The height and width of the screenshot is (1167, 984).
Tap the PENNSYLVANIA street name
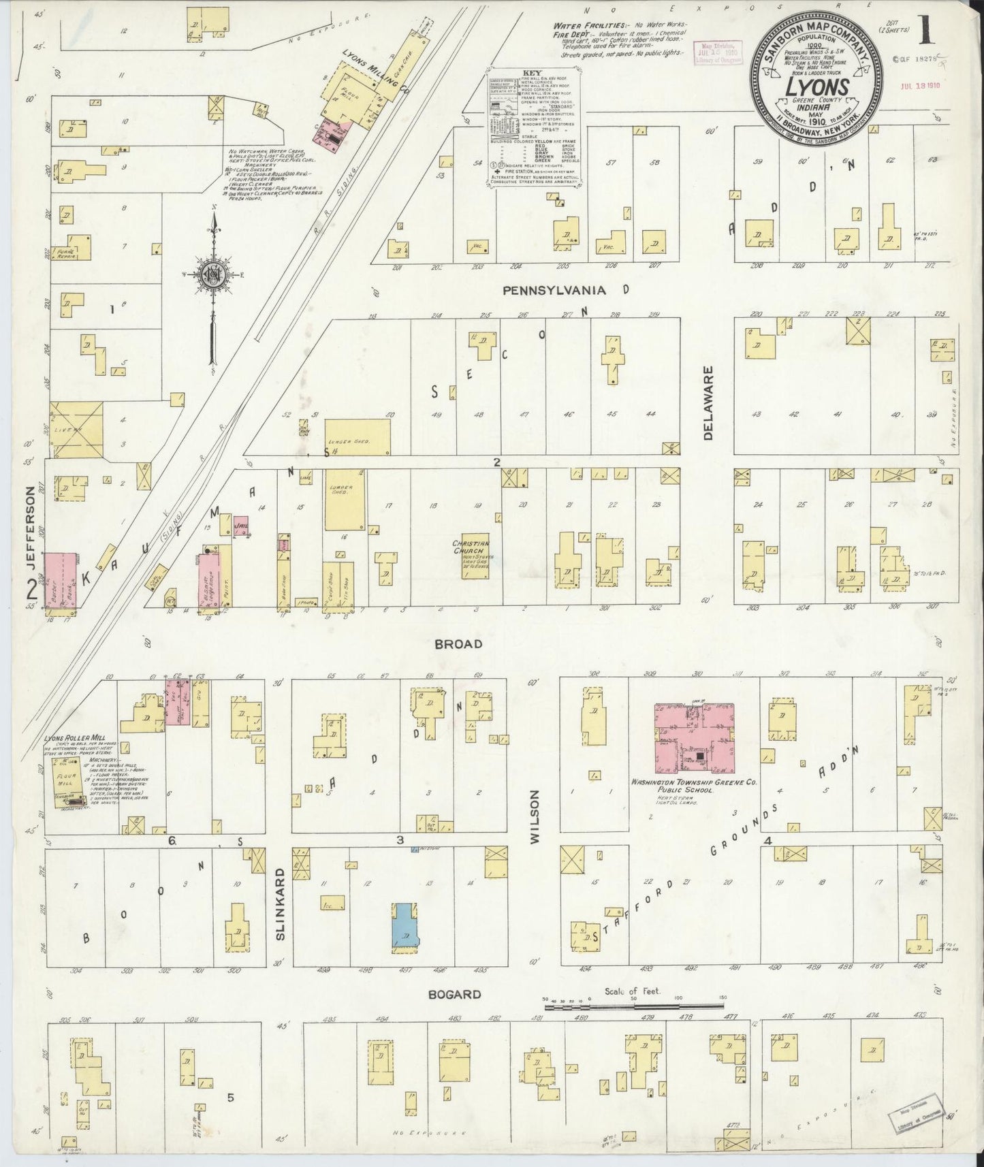(554, 290)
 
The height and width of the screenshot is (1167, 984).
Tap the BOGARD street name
(454, 994)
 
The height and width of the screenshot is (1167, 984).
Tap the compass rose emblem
(212, 274)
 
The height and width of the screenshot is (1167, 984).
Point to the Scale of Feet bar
(633, 1005)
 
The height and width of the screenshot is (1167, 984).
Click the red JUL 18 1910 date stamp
(915, 86)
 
